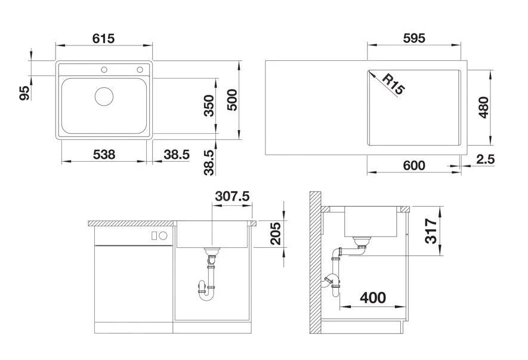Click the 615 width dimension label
pos(103,38)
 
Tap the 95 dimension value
pos(24,93)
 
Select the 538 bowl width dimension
pos(104,155)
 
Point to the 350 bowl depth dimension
pos(209,106)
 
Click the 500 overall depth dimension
pos(232,100)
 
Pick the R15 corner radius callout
pos(393,84)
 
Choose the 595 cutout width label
pos(414,38)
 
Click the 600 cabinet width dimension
pos(414,165)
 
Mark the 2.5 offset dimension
pos(486,159)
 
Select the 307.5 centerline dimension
pos(232,196)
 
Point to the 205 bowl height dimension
pos(276,233)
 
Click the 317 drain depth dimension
pos(431,231)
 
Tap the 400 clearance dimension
pos(373,298)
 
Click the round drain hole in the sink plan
pos(104,96)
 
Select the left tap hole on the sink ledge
pos(104,70)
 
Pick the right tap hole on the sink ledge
pos(140,70)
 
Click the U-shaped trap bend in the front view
pos(206,297)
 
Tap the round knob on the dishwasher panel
pos(163,236)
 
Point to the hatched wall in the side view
pos(315,263)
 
